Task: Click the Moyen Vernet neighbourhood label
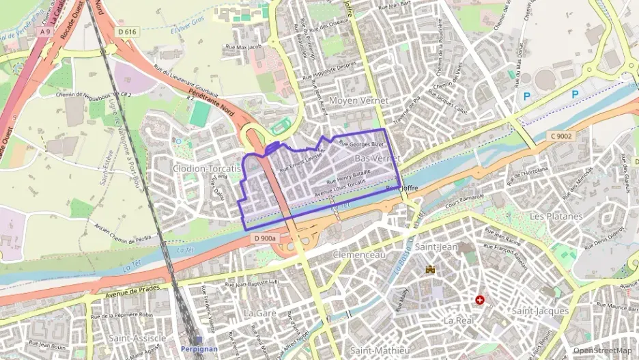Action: [x=358, y=100]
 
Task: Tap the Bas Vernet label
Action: [x=378, y=158]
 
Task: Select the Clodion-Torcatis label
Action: [x=207, y=168]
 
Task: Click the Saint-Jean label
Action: [x=436, y=247]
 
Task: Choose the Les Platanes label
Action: [x=556, y=216]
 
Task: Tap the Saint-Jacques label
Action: [x=540, y=311]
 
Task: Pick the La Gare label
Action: [x=259, y=313]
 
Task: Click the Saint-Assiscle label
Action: [x=137, y=337]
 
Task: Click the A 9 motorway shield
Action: [x=45, y=31]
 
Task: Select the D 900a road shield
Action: [x=264, y=238]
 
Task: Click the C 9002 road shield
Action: [x=561, y=137]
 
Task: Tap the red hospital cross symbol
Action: [x=480, y=300]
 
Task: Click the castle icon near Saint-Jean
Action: [x=430, y=270]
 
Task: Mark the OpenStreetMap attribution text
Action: [x=602, y=350]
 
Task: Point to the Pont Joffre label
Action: [x=401, y=188]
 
